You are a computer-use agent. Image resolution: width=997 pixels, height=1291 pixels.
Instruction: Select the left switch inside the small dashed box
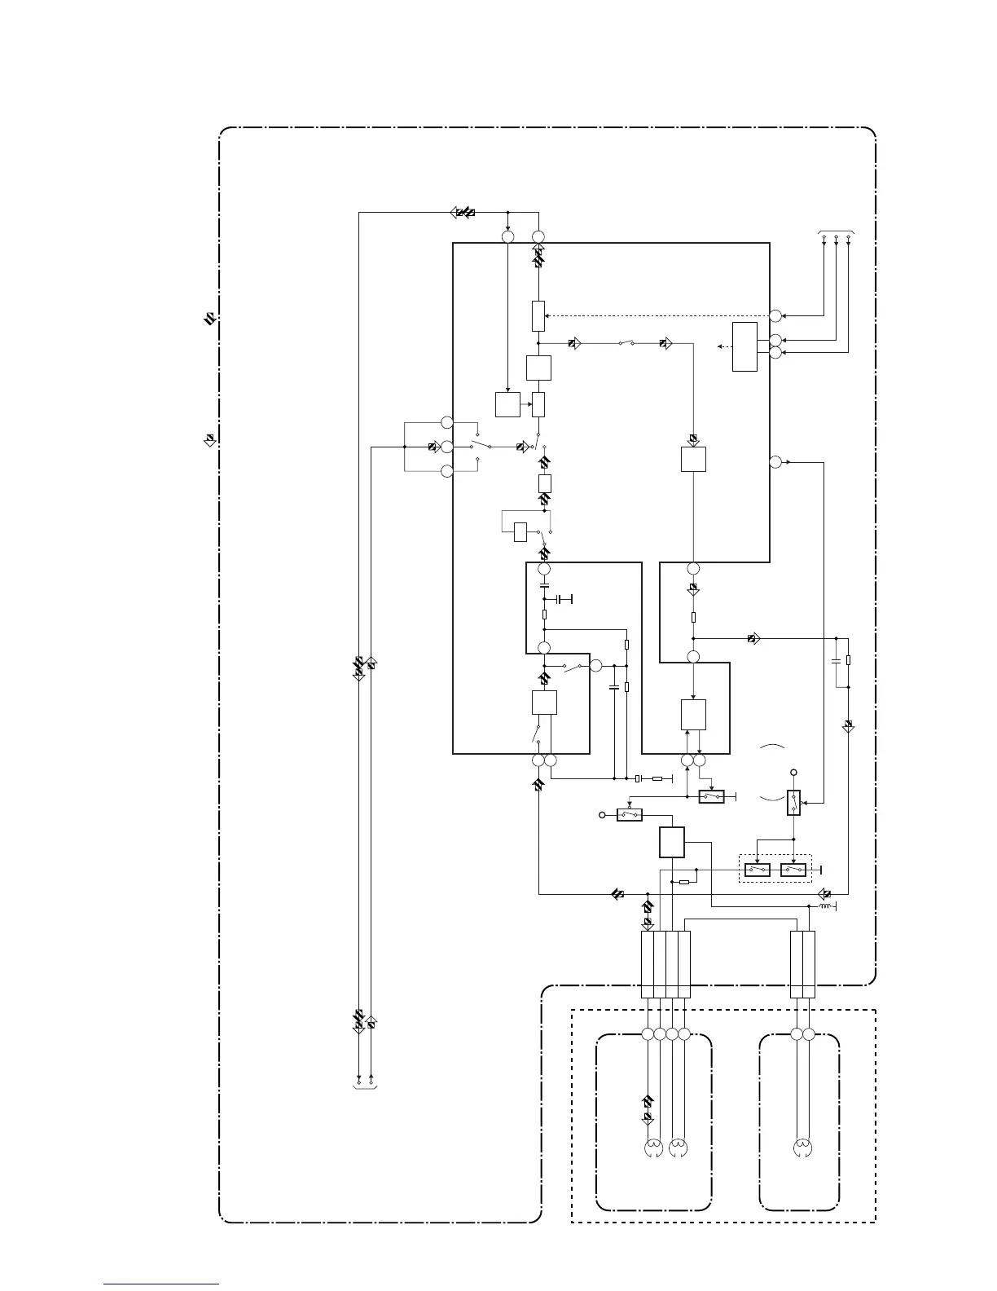point(758,870)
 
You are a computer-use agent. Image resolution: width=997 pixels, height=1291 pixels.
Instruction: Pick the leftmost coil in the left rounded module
point(653,1148)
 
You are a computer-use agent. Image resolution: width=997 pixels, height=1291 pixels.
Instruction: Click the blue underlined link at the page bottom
point(161,1284)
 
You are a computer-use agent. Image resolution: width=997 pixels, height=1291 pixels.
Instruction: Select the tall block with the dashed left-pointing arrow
point(744,346)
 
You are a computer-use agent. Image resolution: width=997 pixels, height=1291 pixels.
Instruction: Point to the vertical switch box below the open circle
point(794,803)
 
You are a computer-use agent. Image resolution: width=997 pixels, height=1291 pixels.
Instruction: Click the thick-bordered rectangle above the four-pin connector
point(672,842)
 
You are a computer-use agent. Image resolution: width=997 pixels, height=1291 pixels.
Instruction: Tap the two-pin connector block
point(802,964)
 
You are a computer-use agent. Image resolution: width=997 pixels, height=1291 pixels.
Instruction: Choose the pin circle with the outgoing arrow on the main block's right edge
point(775,462)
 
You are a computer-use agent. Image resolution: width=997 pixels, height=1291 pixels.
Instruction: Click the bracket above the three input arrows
point(836,232)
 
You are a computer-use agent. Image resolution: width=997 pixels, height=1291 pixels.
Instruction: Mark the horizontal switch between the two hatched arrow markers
point(626,344)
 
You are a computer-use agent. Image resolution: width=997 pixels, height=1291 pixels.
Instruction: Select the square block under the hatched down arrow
point(693,459)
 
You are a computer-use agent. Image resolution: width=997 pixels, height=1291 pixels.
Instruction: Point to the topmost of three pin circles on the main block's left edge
point(446,422)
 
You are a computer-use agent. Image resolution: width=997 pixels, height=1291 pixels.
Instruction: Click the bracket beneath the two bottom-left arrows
point(364,1086)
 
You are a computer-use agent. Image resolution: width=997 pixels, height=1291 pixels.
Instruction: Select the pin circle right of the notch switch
point(595,666)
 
